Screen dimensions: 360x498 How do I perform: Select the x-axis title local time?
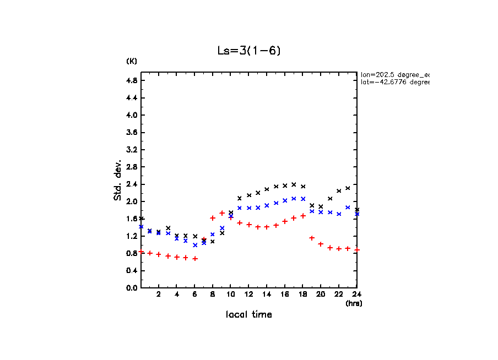point(248,315)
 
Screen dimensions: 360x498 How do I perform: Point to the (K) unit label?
point(132,61)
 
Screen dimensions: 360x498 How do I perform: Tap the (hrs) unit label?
point(354,303)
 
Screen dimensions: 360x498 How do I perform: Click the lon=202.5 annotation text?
point(394,74)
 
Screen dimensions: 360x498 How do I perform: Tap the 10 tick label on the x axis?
point(230,294)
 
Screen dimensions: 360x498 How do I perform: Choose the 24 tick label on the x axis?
point(357,294)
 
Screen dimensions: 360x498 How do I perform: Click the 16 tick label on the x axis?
point(285,294)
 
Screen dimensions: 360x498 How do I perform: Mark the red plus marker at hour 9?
point(222,213)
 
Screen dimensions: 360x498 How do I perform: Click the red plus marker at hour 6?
point(195,258)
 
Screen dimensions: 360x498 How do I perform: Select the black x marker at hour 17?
point(294,184)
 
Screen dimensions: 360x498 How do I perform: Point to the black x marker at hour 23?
point(348,188)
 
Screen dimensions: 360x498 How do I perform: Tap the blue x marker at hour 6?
point(195,245)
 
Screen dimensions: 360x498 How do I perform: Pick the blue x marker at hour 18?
point(303,199)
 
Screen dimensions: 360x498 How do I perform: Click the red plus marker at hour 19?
point(312,238)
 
